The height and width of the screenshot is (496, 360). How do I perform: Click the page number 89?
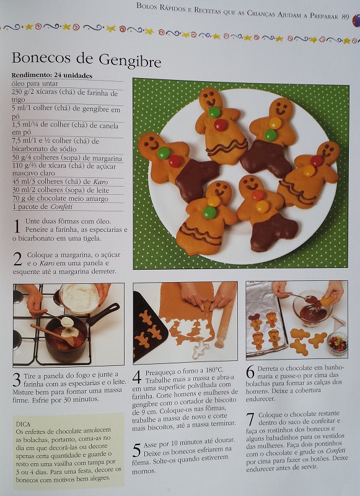pos(345,16)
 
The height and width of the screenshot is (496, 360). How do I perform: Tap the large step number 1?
pos(17,226)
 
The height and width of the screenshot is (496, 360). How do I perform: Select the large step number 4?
pos(137,378)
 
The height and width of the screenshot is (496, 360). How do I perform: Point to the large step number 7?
pos(250,420)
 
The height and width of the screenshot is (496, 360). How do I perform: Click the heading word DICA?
pos(23,424)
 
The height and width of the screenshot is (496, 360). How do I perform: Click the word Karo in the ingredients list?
pos(100,182)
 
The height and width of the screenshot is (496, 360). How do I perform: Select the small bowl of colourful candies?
pos(337,343)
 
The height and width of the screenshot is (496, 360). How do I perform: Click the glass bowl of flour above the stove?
pos(80,298)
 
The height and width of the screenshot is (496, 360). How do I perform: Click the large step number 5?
pos(136,450)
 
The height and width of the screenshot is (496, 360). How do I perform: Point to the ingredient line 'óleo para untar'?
pos(35,84)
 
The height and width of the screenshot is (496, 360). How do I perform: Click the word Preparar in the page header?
pos(324,15)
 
